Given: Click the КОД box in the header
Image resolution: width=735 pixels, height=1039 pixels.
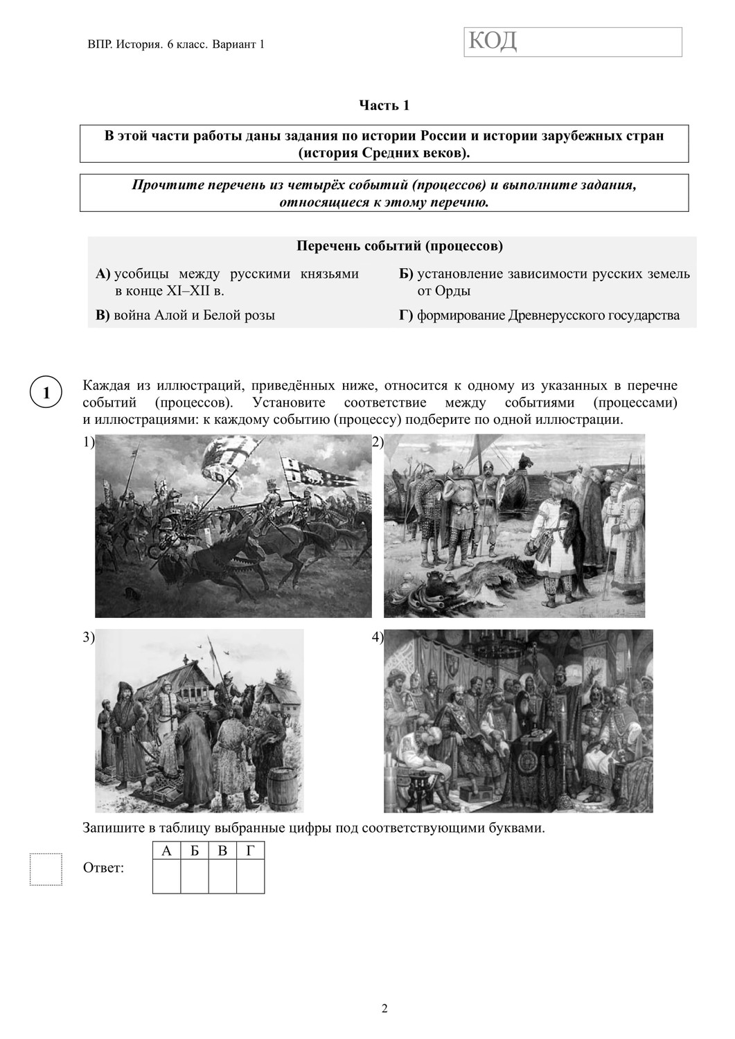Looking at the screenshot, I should [x=573, y=42].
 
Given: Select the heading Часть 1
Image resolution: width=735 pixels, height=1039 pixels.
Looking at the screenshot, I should [x=384, y=105].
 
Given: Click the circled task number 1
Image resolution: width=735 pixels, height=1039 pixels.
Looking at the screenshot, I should [x=46, y=393].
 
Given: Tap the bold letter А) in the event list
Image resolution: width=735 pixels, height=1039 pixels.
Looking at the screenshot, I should [x=103, y=274].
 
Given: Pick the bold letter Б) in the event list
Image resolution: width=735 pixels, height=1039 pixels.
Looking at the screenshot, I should [x=406, y=274].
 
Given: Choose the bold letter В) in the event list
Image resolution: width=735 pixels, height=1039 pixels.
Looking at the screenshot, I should [x=103, y=315].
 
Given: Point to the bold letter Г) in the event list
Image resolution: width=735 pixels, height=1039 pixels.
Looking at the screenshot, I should [x=405, y=315].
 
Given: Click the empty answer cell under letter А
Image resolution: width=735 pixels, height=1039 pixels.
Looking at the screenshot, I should [x=166, y=876].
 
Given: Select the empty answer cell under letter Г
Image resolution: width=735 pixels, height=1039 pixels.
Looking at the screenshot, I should [x=250, y=876].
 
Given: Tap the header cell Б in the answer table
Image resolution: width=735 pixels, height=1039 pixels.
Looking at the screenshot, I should [x=195, y=851].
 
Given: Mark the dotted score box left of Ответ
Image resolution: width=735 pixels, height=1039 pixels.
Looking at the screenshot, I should [x=46, y=869].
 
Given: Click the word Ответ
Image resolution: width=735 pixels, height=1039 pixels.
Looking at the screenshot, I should [x=103, y=868].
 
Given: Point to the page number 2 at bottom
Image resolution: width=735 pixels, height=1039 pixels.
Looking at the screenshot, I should [x=384, y=1008].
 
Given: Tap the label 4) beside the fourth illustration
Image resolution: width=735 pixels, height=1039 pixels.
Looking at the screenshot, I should [x=378, y=638].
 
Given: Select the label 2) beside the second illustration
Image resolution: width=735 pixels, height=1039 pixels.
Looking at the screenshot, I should [x=378, y=442].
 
